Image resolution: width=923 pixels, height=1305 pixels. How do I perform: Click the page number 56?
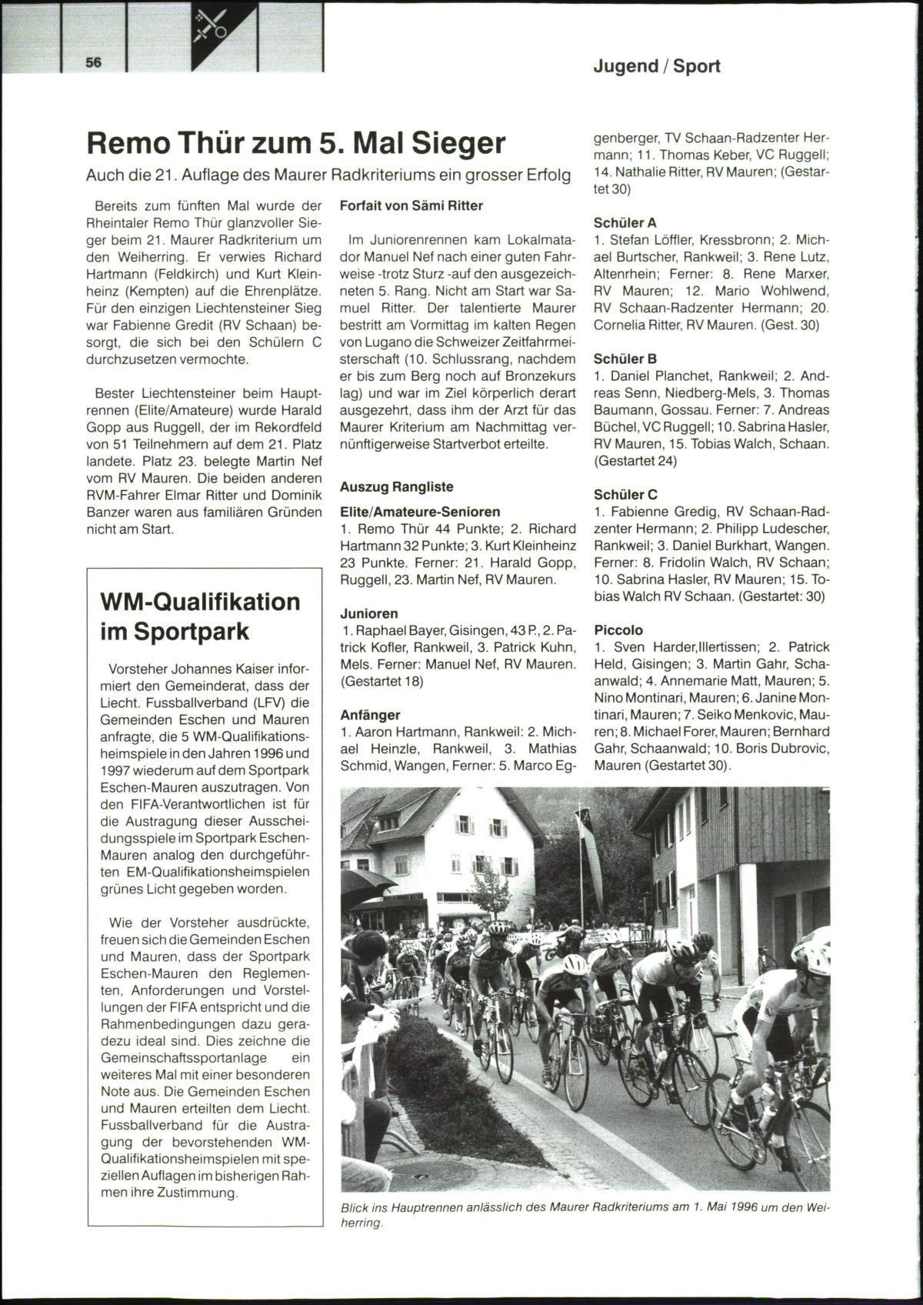pos(94,63)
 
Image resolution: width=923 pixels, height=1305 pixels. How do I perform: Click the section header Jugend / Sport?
pos(656,66)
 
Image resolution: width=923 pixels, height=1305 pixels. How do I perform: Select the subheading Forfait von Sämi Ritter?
pos(412,205)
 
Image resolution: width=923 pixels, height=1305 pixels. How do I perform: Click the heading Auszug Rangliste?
pos(397,486)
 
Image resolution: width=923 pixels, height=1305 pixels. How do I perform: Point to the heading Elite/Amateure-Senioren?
pos(420,512)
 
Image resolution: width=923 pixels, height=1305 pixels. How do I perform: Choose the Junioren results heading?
pos(369,613)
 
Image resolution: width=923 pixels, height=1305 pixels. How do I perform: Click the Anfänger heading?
pos(371,715)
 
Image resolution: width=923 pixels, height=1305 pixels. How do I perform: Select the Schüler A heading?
pos(625,223)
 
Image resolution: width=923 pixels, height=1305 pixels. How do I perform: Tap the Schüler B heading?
pos(625,359)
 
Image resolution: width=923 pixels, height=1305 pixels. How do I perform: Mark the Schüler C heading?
pos(625,495)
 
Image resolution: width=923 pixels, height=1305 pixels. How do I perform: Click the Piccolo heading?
pos(618,630)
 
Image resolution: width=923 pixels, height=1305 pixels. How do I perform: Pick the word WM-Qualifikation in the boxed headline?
pos(201,601)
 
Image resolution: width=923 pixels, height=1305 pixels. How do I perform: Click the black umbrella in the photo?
pos(369,885)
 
